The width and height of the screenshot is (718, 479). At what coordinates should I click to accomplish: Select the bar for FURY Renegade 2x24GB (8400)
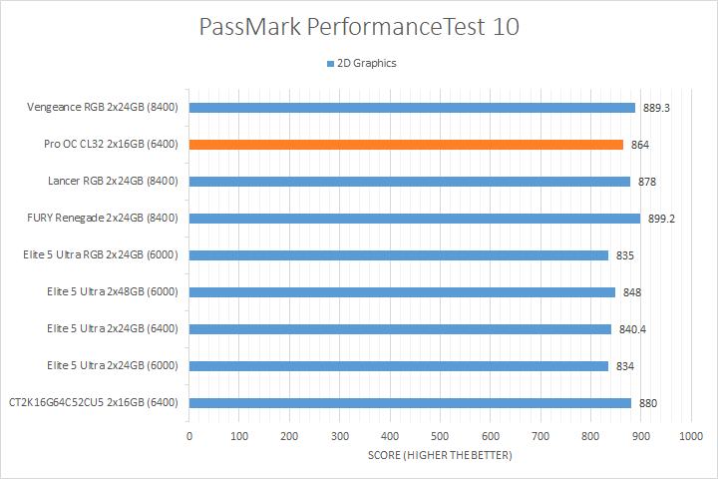pyautogui.click(x=415, y=219)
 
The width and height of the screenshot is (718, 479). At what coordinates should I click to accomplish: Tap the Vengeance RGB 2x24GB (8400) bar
pyautogui.click(x=412, y=108)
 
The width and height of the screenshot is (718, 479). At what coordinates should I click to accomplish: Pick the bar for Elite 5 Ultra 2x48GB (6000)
pyautogui.click(x=402, y=292)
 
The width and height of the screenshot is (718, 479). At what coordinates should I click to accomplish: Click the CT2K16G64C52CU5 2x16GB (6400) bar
pyautogui.click(x=410, y=403)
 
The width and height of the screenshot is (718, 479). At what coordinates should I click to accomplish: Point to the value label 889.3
pyautogui.click(x=654, y=108)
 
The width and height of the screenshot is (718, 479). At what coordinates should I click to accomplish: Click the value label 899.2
pyautogui.click(x=660, y=219)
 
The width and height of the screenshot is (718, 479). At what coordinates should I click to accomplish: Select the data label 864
pyautogui.click(x=640, y=145)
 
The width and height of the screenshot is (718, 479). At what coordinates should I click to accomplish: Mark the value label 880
pyautogui.click(x=647, y=403)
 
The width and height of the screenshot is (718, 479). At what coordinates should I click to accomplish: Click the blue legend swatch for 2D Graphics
pyautogui.click(x=329, y=64)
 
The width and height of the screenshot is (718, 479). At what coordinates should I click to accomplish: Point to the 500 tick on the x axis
pyautogui.click(x=440, y=436)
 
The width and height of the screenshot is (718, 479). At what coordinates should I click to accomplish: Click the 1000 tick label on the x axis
pyautogui.click(x=690, y=436)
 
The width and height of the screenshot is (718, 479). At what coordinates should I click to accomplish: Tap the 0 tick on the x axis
pyautogui.click(x=189, y=436)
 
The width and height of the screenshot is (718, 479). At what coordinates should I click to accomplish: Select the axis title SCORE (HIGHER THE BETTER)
pyautogui.click(x=440, y=456)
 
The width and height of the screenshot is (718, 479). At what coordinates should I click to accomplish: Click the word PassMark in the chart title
pyautogui.click(x=252, y=27)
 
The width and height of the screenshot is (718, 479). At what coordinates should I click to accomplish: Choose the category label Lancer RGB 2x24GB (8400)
pyautogui.click(x=113, y=182)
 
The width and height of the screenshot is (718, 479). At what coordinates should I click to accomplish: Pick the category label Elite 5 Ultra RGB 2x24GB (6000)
pyautogui.click(x=101, y=255)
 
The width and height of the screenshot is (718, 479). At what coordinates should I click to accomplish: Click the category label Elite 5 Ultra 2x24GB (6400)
pyautogui.click(x=112, y=329)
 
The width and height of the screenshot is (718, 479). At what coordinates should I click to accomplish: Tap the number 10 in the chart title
pyautogui.click(x=506, y=27)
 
